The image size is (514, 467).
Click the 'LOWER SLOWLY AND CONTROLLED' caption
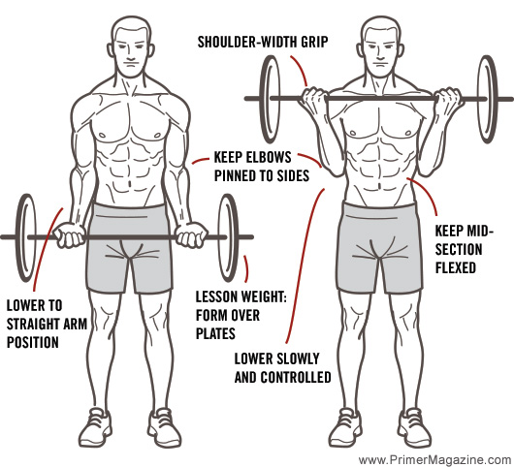click(x=283, y=366)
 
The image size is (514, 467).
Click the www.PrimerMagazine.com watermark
click(x=432, y=459)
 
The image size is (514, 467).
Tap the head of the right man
click(x=379, y=49)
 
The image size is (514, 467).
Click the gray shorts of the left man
click(x=133, y=247)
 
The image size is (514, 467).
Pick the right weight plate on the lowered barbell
click(x=231, y=236)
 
